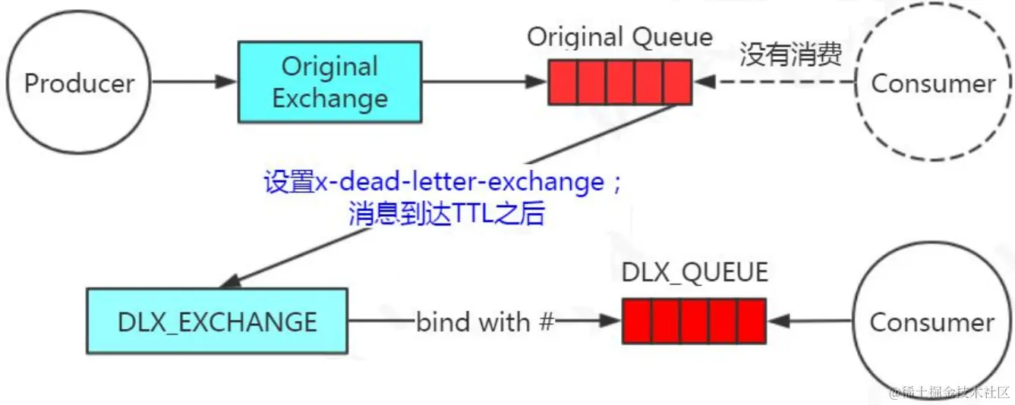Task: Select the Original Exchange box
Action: pyautogui.click(x=330, y=82)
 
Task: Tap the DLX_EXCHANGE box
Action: pyautogui.click(x=217, y=321)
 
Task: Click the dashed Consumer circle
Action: pyautogui.click(x=933, y=83)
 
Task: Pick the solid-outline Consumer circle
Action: pyautogui.click(x=931, y=322)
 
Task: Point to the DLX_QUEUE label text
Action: pyautogui.click(x=695, y=272)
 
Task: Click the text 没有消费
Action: pyautogui.click(x=790, y=55)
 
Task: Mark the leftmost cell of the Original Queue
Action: pyautogui.click(x=563, y=82)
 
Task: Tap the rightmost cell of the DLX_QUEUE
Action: pyautogui.click(x=751, y=321)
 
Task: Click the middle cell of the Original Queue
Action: pyautogui.click(x=619, y=82)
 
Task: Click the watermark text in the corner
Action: pyautogui.click(x=950, y=392)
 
